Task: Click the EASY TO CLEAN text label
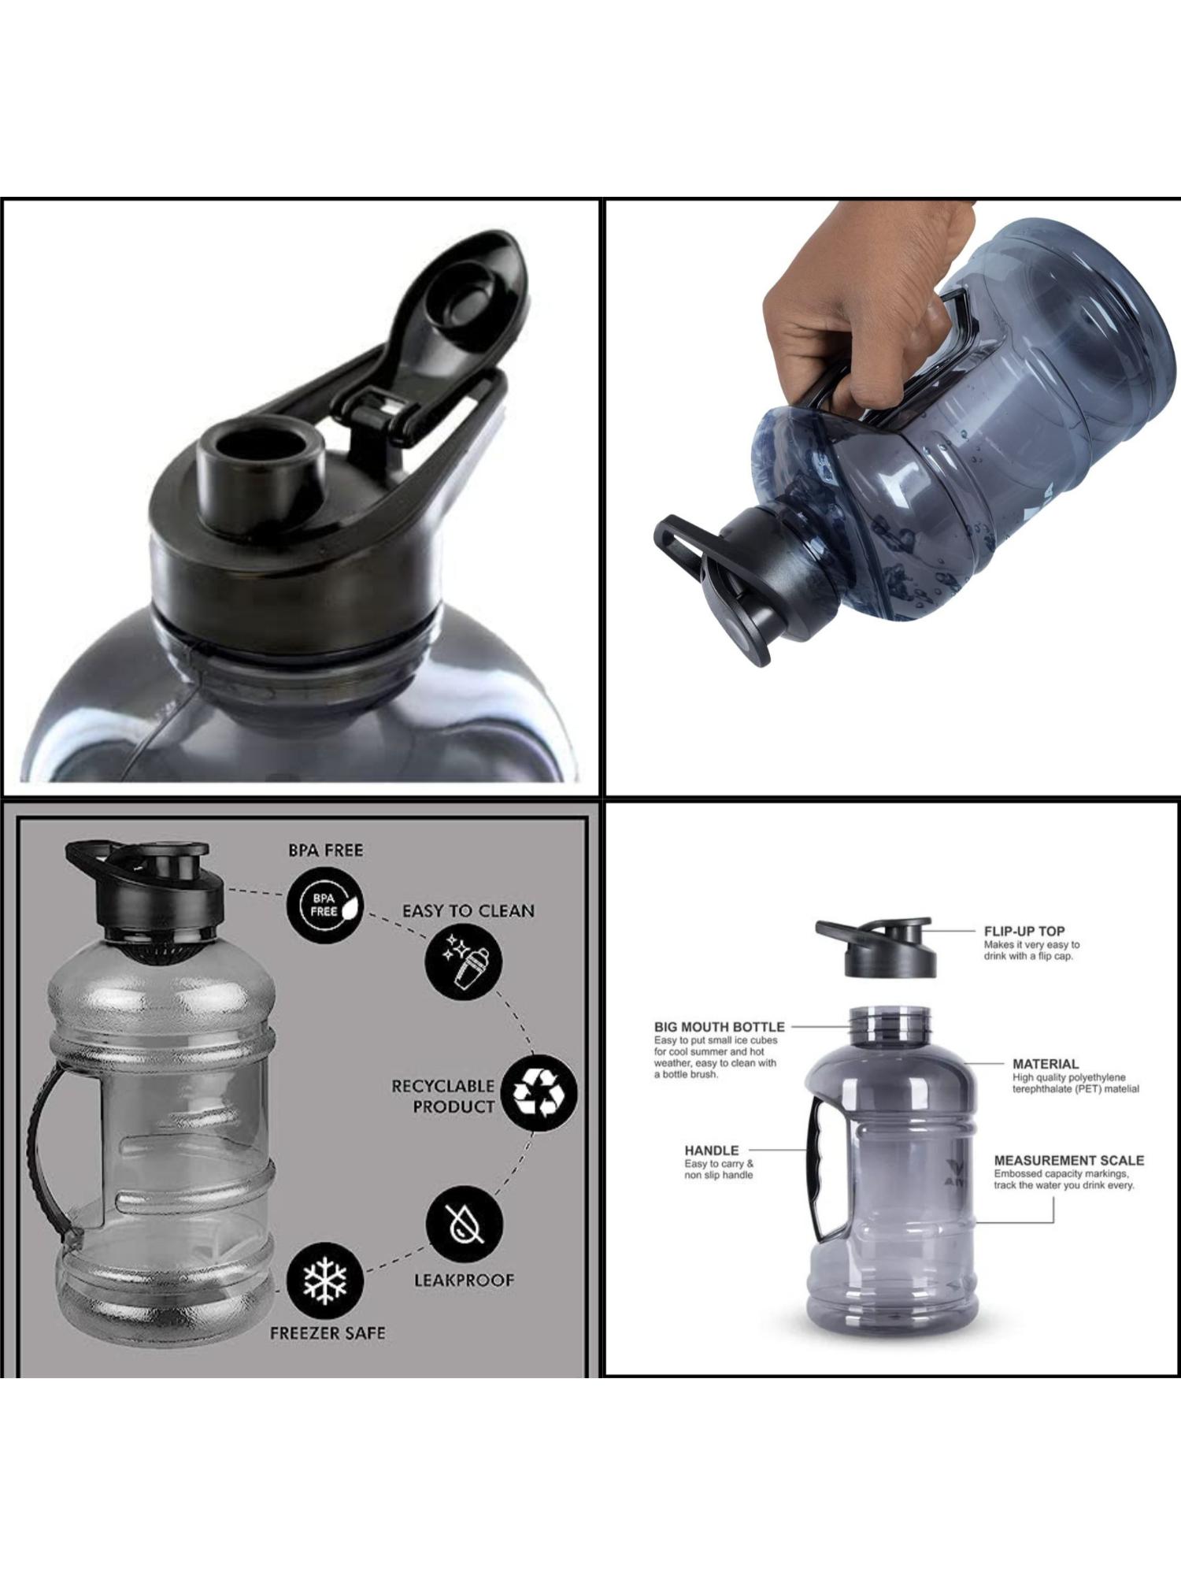[468, 911]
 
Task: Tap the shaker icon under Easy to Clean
[464, 962]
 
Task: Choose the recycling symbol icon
[539, 1093]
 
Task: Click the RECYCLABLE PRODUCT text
[443, 1096]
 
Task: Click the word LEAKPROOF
[464, 1280]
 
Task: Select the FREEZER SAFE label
[328, 1333]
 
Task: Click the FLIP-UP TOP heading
[1024, 931]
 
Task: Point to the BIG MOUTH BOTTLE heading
[719, 1027]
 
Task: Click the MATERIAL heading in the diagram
[1045, 1064]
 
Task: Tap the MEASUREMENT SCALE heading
[1068, 1160]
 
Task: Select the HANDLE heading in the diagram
[711, 1150]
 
